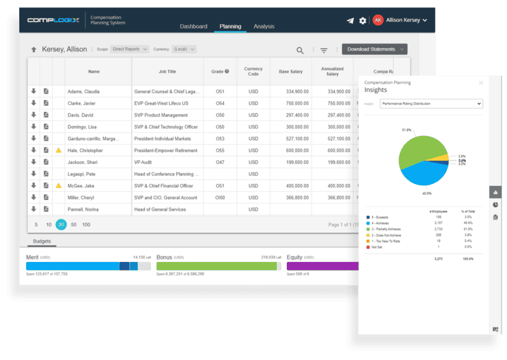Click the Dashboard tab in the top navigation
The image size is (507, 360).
193,27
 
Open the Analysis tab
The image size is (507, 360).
264,27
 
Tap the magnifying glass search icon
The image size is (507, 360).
300,50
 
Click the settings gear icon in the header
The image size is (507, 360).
363,21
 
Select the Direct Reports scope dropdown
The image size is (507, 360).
130,49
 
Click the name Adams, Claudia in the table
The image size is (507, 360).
83,91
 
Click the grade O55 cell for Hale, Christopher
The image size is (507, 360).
219,151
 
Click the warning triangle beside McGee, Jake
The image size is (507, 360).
59,186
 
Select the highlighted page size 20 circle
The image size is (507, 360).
61,225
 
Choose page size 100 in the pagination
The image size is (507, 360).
86,225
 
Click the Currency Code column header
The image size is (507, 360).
253,71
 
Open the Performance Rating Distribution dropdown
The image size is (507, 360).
431,104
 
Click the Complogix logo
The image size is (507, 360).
53,20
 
